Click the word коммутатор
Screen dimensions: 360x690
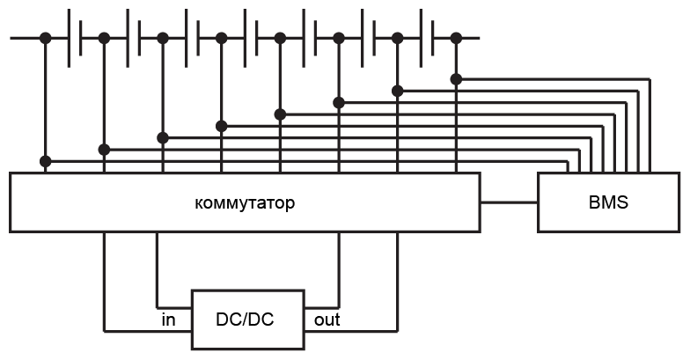click(x=245, y=203)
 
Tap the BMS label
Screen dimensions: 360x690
click(x=608, y=202)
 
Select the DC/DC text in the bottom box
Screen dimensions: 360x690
click(x=245, y=320)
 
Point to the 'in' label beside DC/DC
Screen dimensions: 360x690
click(x=168, y=320)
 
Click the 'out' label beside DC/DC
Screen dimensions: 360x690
click(x=327, y=320)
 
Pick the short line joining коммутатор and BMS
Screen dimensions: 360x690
click(x=509, y=202)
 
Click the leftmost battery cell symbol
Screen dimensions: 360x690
click(x=75, y=37)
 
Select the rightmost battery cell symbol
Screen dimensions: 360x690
click(x=427, y=37)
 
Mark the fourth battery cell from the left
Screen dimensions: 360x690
click(x=251, y=37)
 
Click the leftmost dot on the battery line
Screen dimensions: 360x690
click(x=45, y=37)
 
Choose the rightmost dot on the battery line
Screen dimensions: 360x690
click(x=456, y=37)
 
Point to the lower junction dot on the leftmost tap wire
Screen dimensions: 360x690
click(x=45, y=161)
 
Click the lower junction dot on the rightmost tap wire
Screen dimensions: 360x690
click(x=456, y=79)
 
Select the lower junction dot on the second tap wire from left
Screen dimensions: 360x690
click(x=104, y=150)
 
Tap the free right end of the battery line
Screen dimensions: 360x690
click(x=478, y=37)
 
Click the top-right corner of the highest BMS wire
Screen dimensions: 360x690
click(x=650, y=79)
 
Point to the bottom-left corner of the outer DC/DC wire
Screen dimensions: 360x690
click(x=105, y=331)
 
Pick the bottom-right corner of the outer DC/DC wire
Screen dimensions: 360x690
click(x=398, y=331)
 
